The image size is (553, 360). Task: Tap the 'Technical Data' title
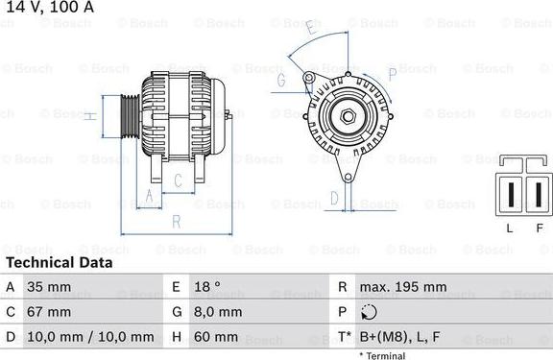click(59, 262)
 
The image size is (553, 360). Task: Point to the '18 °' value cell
click(205, 287)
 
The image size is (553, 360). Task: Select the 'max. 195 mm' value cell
click(402, 287)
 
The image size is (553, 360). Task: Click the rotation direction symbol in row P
click(369, 312)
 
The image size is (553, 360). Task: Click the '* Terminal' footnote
click(381, 355)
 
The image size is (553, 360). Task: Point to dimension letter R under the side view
click(176, 222)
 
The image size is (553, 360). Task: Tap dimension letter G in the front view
click(281, 81)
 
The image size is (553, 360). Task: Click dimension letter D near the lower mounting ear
click(333, 198)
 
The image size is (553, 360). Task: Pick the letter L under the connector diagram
click(511, 228)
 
